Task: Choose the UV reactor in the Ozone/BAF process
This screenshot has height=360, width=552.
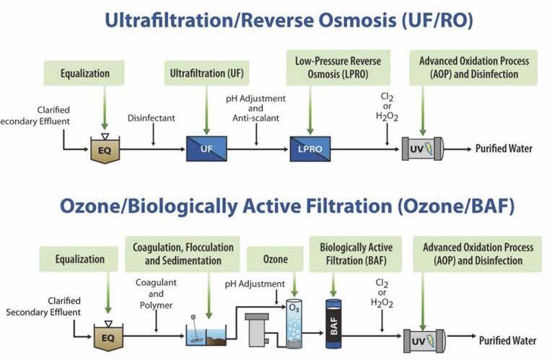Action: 421,336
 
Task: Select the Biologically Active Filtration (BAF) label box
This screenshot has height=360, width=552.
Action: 356,253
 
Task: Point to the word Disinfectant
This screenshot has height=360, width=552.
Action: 152,117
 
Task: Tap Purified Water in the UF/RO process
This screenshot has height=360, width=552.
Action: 503,149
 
